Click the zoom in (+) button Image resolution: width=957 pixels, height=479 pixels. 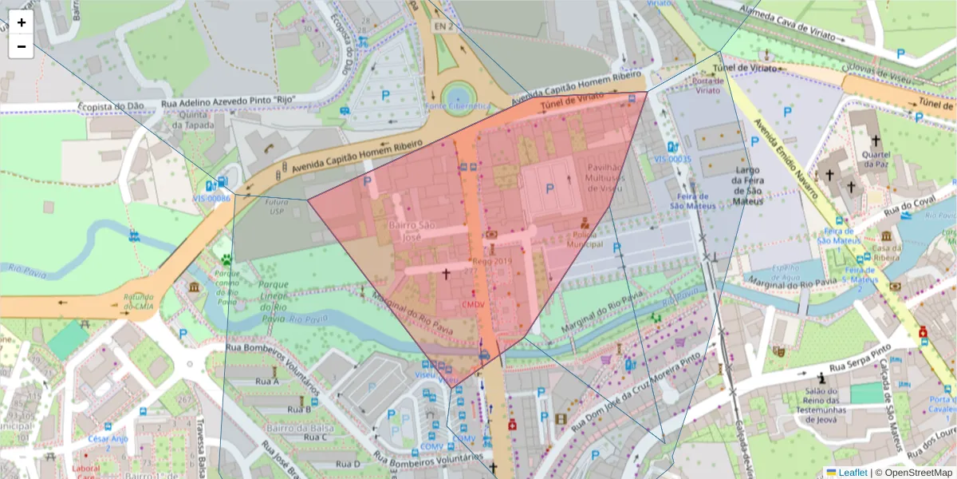pyautogui.click(x=21, y=22)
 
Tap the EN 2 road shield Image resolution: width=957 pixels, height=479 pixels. pyautogui.click(x=443, y=26)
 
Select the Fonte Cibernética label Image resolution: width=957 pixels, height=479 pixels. pyautogui.click(x=458, y=106)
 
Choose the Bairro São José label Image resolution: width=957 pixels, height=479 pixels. pyautogui.click(x=411, y=231)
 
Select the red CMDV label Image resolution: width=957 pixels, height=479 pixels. pyautogui.click(x=474, y=305)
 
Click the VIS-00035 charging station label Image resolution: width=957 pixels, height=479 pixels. pyautogui.click(x=672, y=159)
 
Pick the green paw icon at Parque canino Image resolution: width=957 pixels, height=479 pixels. pyautogui.click(x=227, y=259)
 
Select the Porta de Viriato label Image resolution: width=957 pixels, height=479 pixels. pyautogui.click(x=707, y=85)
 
